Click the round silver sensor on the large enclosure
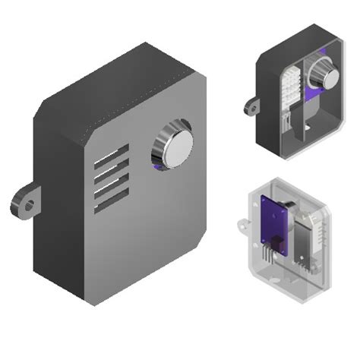[172, 144]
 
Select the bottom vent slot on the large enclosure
[112, 200]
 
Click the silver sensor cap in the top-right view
[324, 74]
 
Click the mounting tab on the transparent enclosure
[243, 224]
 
